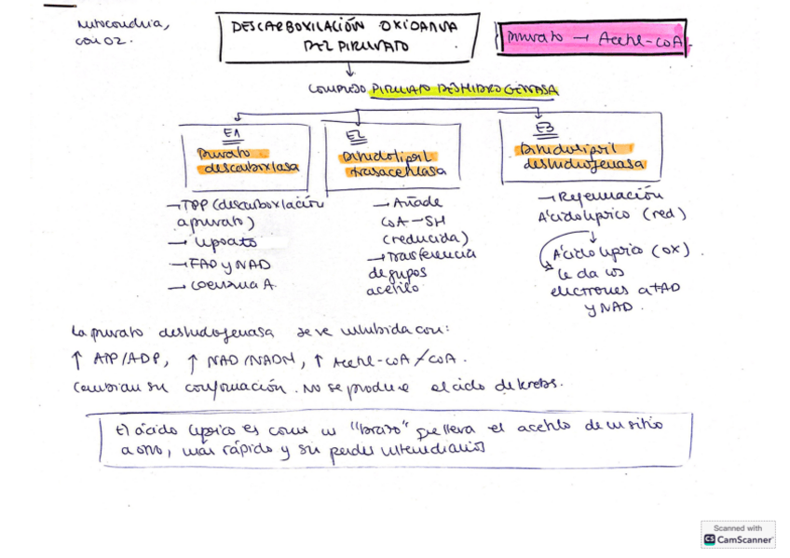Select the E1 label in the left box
pos(232,132)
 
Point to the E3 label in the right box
pos(545,128)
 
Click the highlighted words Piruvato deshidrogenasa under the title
pos(463,90)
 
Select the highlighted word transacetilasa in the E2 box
pos(395,172)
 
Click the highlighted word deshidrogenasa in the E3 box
pos(583,164)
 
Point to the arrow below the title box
pos(349,69)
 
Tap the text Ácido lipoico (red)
pos(611,214)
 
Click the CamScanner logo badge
pos(738,534)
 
